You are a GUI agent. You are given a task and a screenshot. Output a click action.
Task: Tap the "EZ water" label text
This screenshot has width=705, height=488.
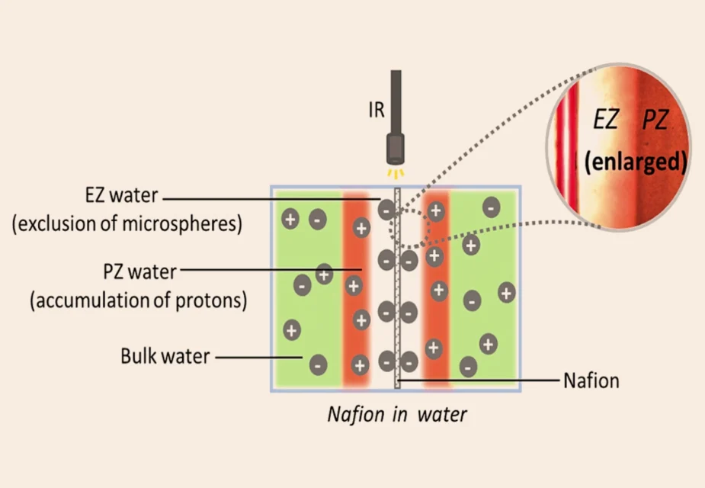pyautogui.click(x=121, y=195)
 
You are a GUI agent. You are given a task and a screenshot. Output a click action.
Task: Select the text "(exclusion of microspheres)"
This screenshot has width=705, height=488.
pyautogui.click(x=127, y=223)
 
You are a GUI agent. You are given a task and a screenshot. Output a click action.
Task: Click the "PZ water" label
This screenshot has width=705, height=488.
pyautogui.click(x=139, y=271)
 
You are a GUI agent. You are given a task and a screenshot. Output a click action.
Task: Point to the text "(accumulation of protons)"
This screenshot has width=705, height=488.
pyautogui.click(x=139, y=300)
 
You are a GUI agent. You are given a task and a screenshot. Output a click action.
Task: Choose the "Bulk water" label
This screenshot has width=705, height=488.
pyautogui.click(x=165, y=356)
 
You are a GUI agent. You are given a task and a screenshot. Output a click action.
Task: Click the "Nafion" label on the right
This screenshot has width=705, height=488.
pyautogui.click(x=591, y=380)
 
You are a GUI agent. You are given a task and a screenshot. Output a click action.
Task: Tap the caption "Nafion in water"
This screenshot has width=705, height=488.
pyautogui.click(x=397, y=414)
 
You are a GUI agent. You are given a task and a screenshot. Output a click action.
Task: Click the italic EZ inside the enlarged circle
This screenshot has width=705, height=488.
pyautogui.click(x=606, y=120)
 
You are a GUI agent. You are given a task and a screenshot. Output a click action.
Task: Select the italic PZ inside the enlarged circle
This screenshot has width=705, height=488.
pyautogui.click(x=655, y=120)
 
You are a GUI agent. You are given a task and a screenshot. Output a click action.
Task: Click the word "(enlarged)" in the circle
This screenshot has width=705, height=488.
pyautogui.click(x=636, y=162)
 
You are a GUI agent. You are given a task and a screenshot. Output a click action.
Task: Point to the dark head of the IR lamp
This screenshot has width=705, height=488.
pyautogui.click(x=396, y=149)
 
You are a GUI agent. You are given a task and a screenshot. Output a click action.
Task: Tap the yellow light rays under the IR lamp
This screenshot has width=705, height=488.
pyautogui.click(x=396, y=174)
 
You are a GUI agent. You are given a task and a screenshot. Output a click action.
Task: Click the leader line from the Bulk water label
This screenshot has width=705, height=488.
pyautogui.click(x=258, y=358)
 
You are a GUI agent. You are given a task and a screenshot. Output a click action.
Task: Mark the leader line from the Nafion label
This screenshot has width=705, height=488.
pyautogui.click(x=478, y=380)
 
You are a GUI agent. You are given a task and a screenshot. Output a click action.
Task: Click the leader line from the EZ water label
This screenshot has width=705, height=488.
pyautogui.click(x=271, y=198)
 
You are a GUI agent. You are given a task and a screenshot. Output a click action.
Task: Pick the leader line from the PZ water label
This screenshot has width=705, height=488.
pyautogui.click(x=271, y=270)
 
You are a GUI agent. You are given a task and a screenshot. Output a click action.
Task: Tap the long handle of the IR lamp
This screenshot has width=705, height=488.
pyautogui.click(x=396, y=101)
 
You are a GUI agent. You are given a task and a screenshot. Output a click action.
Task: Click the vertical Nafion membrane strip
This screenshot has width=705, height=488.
pyautogui.click(x=397, y=288)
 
